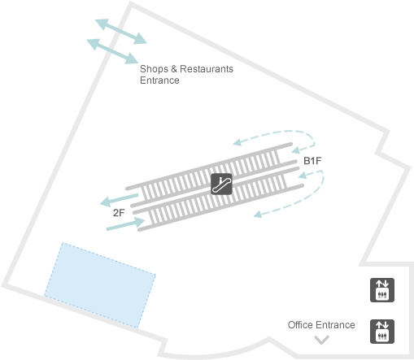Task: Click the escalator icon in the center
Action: (221, 184)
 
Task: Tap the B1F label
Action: (312, 161)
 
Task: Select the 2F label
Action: (119, 213)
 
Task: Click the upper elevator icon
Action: (382, 290)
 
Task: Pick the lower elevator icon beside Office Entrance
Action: (382, 332)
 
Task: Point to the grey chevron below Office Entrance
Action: (321, 340)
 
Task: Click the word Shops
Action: (154, 69)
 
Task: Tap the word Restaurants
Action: (207, 69)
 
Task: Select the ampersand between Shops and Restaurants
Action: (174, 69)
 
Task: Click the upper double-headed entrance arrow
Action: (121, 32)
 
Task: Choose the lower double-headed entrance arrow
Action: (112, 51)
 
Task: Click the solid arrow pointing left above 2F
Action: (119, 199)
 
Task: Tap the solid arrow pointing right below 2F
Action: (126, 224)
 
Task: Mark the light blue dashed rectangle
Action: (100, 285)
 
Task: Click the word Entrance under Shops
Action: (159, 80)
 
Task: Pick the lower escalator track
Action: (218, 199)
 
